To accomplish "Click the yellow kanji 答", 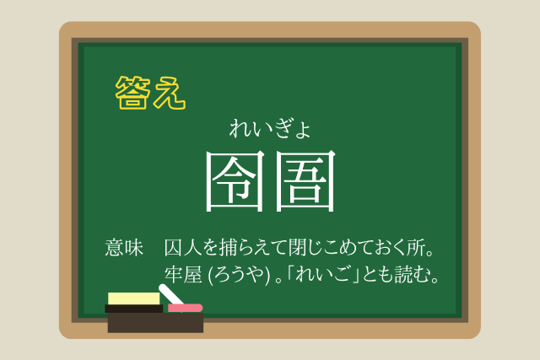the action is [x=132, y=93].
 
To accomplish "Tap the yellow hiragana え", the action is [x=169, y=93].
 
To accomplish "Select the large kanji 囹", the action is [x=235, y=181].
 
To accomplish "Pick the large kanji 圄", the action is [x=305, y=181].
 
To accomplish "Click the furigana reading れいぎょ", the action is [x=270, y=129].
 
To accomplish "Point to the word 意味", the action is [x=124, y=248].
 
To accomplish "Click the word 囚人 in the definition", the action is [x=183, y=248].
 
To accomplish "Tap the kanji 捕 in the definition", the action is [x=229, y=248].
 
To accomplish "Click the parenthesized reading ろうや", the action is [x=240, y=275].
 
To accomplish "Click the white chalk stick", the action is [x=170, y=294].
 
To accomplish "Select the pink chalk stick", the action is [x=185, y=308].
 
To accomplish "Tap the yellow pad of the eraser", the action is [x=134, y=298].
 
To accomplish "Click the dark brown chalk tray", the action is [x=155, y=323].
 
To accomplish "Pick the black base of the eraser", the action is [x=134, y=309].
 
